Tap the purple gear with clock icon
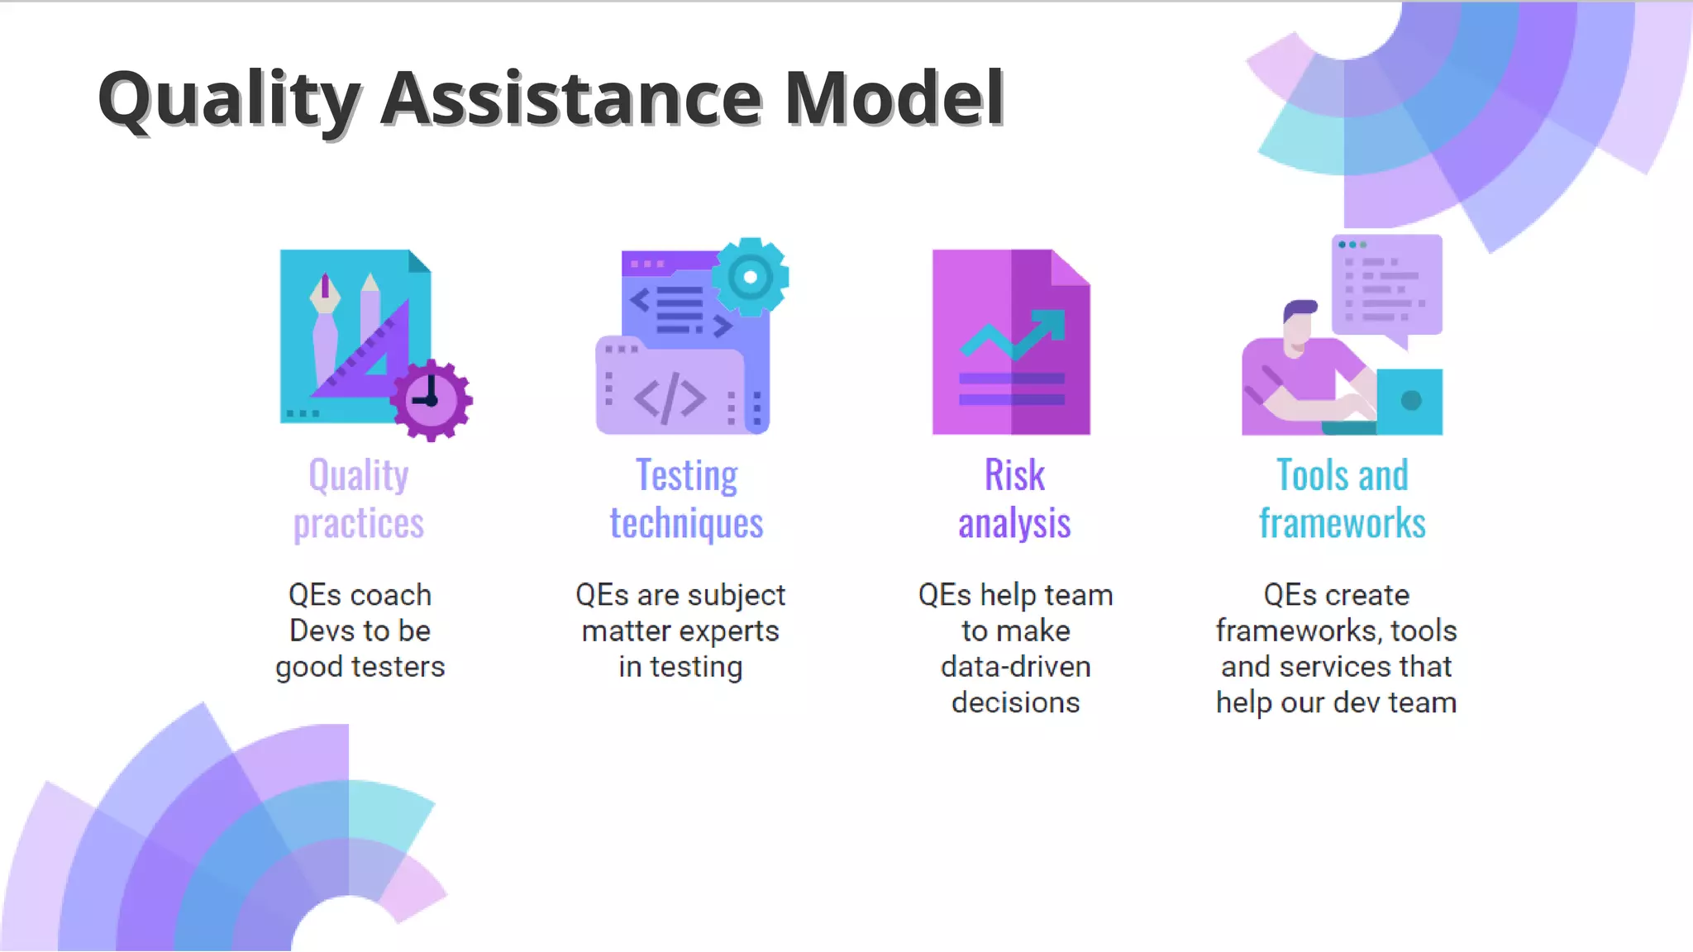click(431, 401)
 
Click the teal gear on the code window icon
click(750, 277)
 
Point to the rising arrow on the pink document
click(1013, 334)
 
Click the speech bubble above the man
click(1387, 286)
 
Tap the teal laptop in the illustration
click(1409, 402)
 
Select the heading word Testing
click(686, 476)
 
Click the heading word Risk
click(1014, 476)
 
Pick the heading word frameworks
click(1342, 524)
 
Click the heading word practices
click(359, 524)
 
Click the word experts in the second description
click(729, 631)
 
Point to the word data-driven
click(1015, 667)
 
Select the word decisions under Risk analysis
click(1015, 702)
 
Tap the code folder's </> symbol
click(670, 397)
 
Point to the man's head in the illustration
click(1299, 325)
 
